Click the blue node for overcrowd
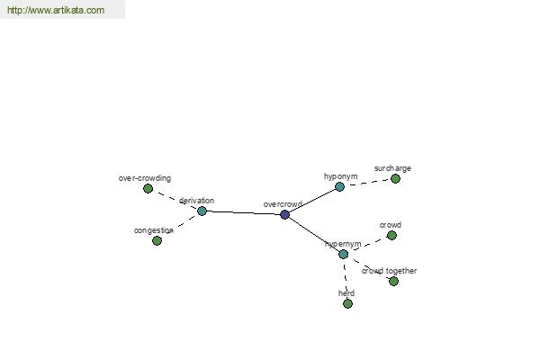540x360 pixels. coord(284,214)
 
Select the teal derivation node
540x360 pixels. coord(202,211)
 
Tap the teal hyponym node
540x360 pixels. coord(339,186)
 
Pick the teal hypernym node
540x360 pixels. coord(344,254)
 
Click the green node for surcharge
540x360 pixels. coord(395,178)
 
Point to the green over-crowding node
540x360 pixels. coord(148,188)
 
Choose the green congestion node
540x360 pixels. coord(157,240)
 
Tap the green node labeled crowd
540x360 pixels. coord(391,235)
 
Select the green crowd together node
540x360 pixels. coord(393,281)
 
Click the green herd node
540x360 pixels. coord(347,303)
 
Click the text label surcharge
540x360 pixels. coord(392,168)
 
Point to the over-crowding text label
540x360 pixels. coord(145,178)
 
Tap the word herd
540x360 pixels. coord(346,293)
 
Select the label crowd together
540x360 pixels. coord(389,271)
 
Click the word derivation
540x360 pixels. coord(196,201)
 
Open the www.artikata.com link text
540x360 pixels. coord(56,10)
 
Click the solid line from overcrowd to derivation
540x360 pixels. coord(243,212)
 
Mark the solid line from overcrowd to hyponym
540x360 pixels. coord(312,201)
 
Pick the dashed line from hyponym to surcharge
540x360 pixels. coord(367,183)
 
